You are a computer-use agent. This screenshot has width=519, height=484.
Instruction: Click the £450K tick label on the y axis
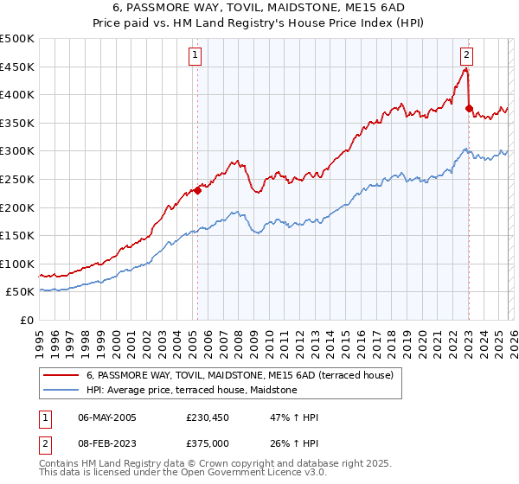(x=17, y=67)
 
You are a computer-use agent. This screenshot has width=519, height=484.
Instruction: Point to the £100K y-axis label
(x=17, y=264)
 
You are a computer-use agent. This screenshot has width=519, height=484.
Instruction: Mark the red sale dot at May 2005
(x=197, y=190)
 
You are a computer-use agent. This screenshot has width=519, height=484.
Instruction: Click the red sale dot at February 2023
(x=469, y=109)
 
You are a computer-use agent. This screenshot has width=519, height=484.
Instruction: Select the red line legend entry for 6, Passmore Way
(x=240, y=375)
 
